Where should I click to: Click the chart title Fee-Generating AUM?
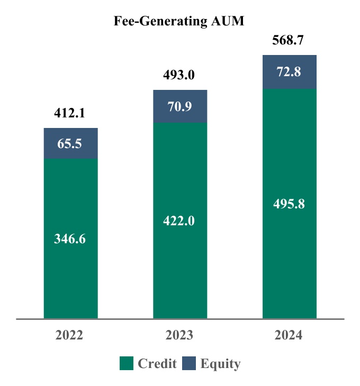[x=180, y=22]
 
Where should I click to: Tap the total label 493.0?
[x=179, y=75]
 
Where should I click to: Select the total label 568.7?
[x=289, y=40]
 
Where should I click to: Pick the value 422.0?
[x=179, y=220]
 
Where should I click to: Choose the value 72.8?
[x=290, y=72]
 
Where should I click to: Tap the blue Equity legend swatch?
[x=189, y=363]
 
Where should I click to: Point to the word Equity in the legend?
[x=220, y=364]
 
